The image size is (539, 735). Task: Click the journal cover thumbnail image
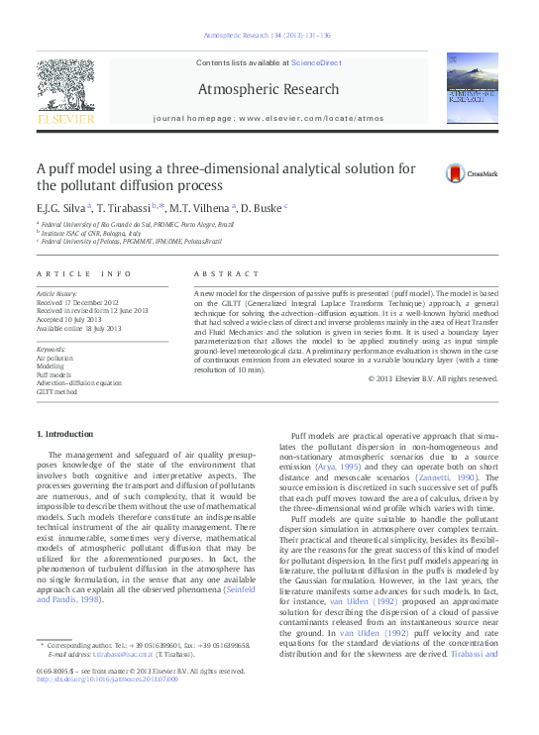click(472, 89)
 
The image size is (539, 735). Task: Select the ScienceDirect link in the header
click(316, 62)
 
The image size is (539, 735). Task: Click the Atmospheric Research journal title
click(269, 90)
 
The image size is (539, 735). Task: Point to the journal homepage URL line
click(269, 118)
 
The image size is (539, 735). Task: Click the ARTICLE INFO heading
click(83, 272)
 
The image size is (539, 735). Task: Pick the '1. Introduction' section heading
click(65, 435)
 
